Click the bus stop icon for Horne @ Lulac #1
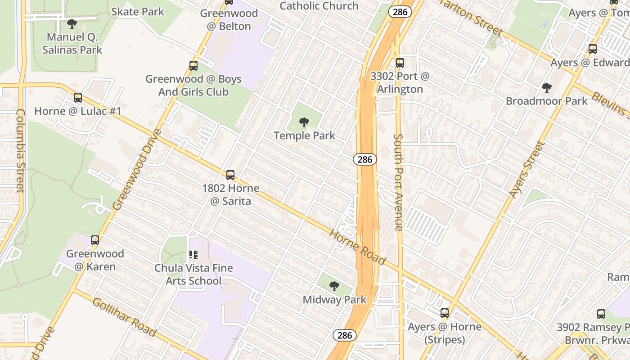(78, 97)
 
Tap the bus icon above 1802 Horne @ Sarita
(230, 175)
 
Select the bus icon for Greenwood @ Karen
(95, 240)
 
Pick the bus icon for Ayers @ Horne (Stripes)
(445, 313)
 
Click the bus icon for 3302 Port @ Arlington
(400, 63)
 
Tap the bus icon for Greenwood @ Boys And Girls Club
(193, 66)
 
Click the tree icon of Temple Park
(304, 121)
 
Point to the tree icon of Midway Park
(334, 286)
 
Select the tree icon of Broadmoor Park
(547, 87)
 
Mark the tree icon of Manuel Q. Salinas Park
(72, 23)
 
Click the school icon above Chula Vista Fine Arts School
(193, 255)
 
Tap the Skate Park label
(138, 11)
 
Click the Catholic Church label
(319, 6)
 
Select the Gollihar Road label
(124, 317)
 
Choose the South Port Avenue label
(398, 182)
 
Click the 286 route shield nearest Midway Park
(345, 335)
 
